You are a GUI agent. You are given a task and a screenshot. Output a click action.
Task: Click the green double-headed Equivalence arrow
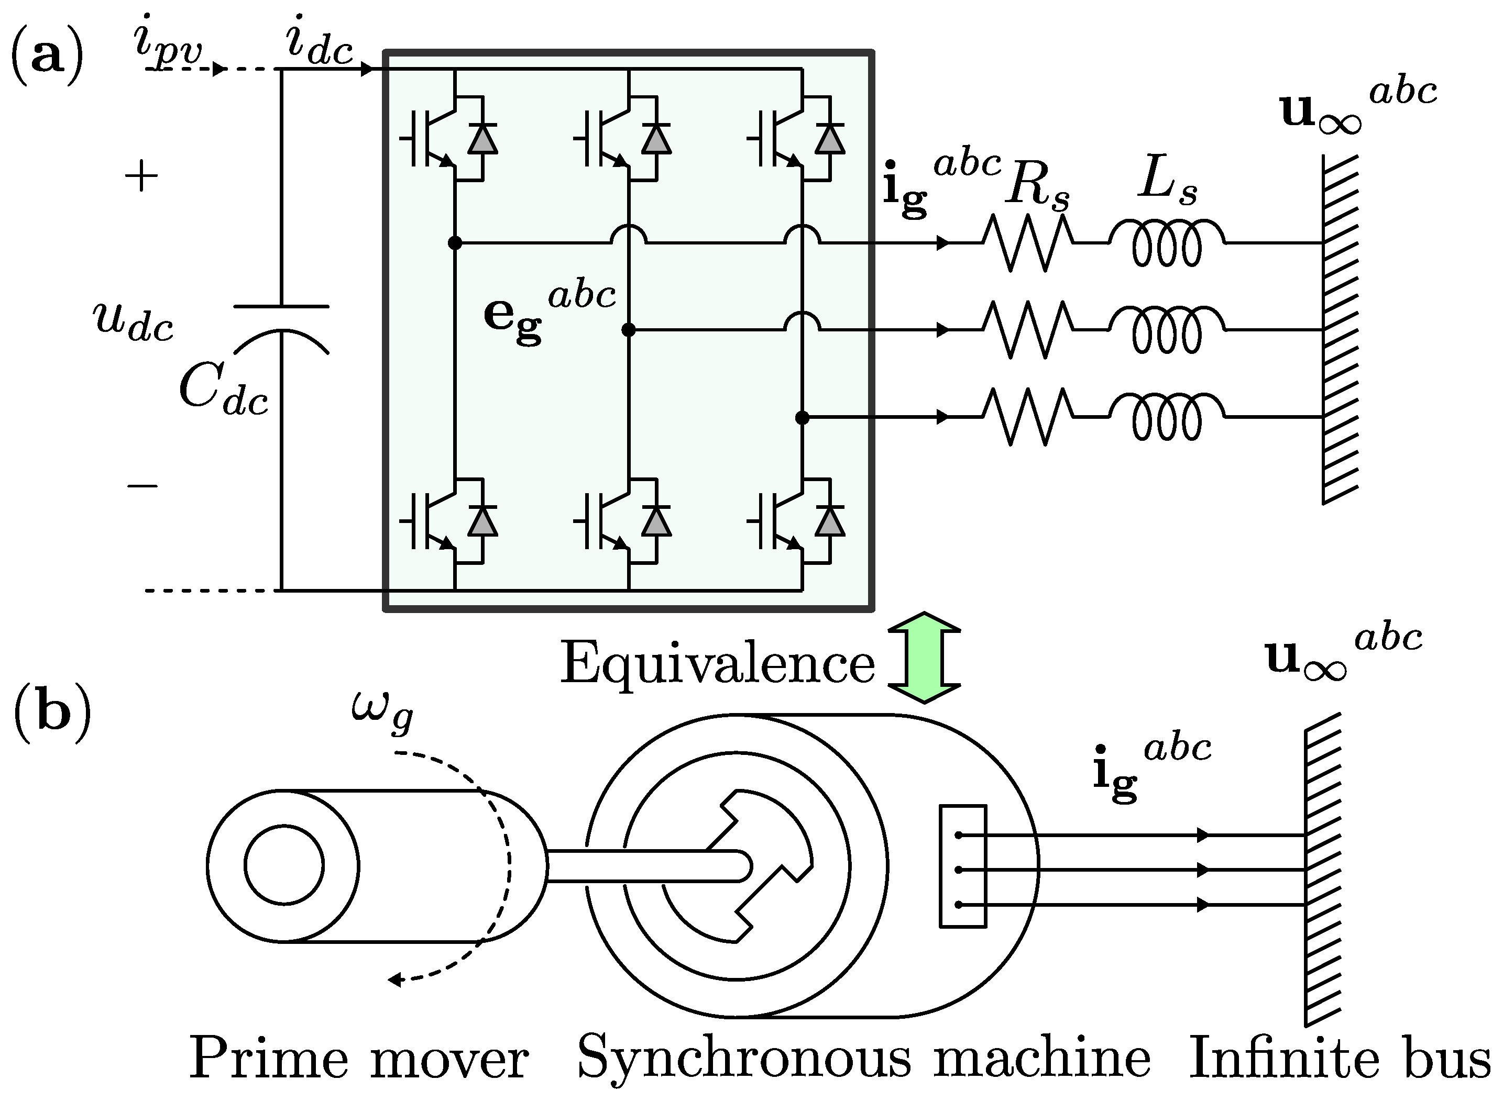(x=924, y=657)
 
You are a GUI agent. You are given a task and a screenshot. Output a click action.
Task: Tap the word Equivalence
(x=717, y=664)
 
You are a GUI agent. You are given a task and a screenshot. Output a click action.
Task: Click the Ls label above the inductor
(x=1167, y=182)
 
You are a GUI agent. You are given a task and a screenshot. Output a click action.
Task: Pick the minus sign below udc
(x=142, y=486)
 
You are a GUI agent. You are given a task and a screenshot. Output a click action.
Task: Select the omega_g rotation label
(x=382, y=713)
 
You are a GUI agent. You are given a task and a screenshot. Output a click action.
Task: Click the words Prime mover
(x=358, y=1059)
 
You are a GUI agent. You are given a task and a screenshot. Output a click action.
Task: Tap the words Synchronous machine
(x=864, y=1059)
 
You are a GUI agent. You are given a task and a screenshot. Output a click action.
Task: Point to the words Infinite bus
(x=1340, y=1059)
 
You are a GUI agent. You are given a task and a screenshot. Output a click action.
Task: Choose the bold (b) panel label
(x=52, y=713)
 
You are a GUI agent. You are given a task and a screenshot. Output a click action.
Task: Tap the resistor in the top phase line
(x=1028, y=243)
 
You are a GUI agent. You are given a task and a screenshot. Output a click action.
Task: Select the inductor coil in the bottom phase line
(x=1167, y=418)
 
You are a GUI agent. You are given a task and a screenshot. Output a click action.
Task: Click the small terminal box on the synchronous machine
(x=962, y=866)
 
